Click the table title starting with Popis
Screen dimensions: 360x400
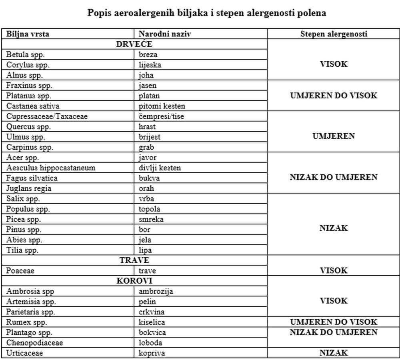point(207,13)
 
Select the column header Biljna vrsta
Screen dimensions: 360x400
point(28,34)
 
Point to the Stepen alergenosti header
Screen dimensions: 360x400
point(334,34)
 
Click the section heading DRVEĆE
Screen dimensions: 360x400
point(134,44)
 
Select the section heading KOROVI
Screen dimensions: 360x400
point(134,281)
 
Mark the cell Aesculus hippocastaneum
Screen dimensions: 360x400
point(51,168)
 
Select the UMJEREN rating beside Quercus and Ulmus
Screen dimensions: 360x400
point(334,136)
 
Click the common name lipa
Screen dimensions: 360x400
point(145,250)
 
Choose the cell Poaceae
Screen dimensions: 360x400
point(20,271)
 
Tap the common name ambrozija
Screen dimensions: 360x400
point(156,292)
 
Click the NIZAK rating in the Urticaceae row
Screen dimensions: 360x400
point(334,353)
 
